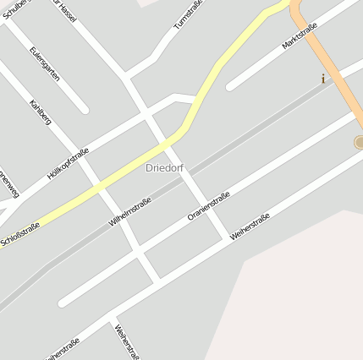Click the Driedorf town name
coord(163,168)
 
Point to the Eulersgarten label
coord(45,64)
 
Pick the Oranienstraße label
coord(209,207)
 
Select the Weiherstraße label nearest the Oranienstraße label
coord(250,227)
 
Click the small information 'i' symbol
coord(322,79)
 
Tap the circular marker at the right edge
coord(359,142)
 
